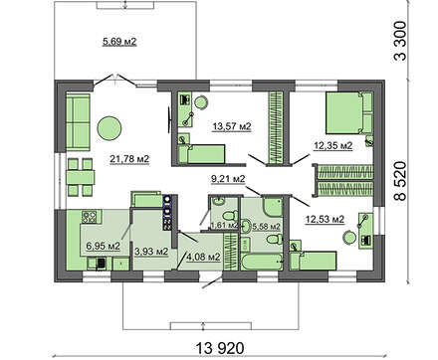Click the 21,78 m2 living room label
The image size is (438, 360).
[129, 159]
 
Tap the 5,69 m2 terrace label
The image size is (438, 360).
[119, 42]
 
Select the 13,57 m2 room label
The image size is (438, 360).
[232, 126]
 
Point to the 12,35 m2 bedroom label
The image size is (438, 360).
[333, 145]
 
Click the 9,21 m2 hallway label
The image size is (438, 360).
[228, 179]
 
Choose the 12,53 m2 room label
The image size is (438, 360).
[325, 219]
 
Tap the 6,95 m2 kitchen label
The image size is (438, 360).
[103, 246]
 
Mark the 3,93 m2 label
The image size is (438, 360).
[151, 252]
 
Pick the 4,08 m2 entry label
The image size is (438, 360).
[203, 257]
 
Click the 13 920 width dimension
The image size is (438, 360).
[220, 348]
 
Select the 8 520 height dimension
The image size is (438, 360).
[400, 181]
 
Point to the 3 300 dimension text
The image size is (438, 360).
[400, 41]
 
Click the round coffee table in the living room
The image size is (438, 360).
[109, 128]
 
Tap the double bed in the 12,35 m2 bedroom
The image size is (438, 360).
[348, 112]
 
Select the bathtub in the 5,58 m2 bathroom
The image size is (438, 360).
[262, 263]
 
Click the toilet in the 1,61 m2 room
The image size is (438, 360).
[230, 217]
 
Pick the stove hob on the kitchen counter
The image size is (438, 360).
[89, 217]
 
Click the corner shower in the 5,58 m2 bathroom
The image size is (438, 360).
[273, 207]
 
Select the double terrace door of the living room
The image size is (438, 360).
[114, 82]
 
